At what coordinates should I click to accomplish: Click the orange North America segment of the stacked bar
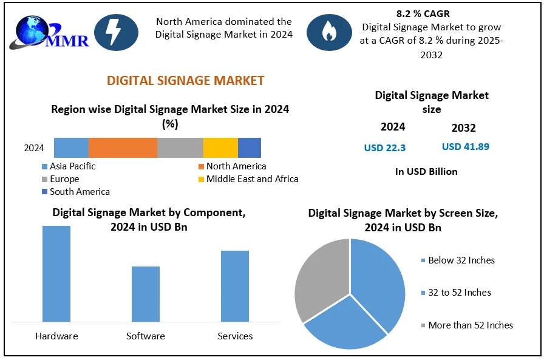[123, 148]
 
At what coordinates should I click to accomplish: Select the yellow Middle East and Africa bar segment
[220, 148]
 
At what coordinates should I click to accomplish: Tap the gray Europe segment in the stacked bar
[180, 148]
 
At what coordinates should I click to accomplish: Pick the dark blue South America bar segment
[250, 148]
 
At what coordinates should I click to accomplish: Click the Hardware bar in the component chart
[56, 273]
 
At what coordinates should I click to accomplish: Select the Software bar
[146, 293]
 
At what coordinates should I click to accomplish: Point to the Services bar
[235, 285]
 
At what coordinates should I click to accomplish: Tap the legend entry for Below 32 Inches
[461, 260]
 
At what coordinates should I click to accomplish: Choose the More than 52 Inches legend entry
[470, 325]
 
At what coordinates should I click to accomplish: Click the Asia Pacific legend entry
[72, 166]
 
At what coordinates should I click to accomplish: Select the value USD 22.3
[385, 148]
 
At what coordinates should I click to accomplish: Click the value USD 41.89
[466, 147]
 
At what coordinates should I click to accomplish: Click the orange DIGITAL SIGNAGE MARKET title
[185, 81]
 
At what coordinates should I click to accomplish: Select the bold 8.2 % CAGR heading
[432, 14]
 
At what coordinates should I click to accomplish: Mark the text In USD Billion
[426, 172]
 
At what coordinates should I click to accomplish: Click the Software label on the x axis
[146, 336]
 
